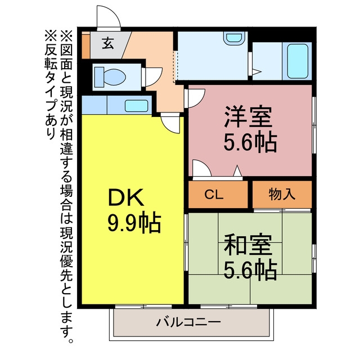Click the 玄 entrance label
(108, 43)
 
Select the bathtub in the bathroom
(298, 61)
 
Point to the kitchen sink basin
(136, 106)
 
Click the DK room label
(126, 197)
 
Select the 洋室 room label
(248, 116)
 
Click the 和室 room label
(248, 245)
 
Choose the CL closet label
(214, 195)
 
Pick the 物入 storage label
(282, 194)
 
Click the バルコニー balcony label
(188, 322)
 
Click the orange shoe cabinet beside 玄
(86, 46)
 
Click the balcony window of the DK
(143, 306)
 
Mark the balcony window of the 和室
(229, 306)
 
